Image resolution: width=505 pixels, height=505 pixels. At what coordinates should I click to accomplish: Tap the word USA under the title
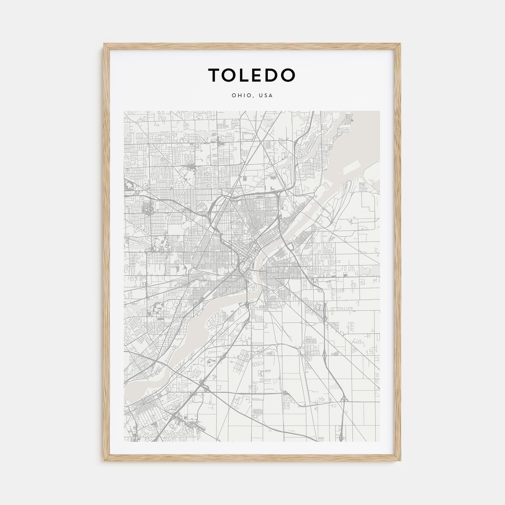(266, 95)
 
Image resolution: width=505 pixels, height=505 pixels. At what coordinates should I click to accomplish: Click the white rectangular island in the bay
(351, 167)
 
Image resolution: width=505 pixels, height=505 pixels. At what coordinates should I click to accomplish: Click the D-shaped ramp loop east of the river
(290, 246)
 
